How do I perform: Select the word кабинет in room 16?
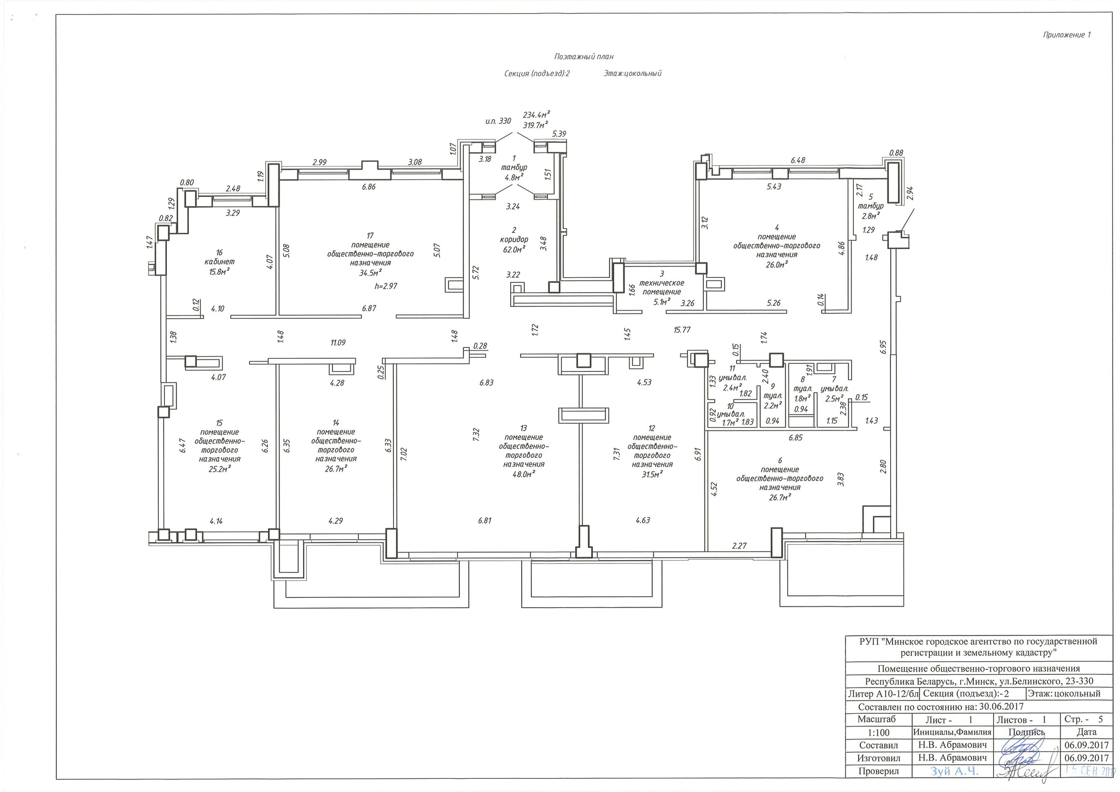click(x=219, y=262)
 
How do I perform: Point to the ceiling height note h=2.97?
click(x=386, y=286)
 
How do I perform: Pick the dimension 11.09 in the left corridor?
click(x=337, y=342)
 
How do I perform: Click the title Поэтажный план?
click(x=584, y=56)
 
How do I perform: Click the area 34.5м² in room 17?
click(x=370, y=272)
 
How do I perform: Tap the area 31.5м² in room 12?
click(x=652, y=474)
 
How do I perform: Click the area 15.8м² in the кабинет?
click(x=219, y=271)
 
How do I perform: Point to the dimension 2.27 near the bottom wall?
click(x=740, y=545)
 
